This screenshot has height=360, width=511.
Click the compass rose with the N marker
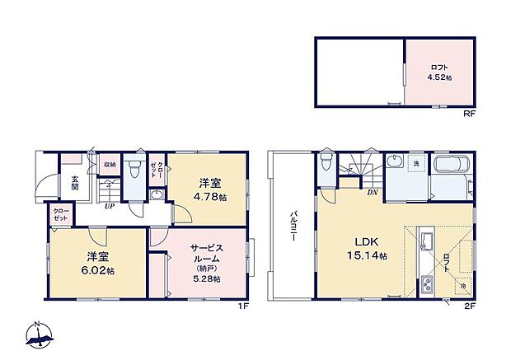pos(38,333)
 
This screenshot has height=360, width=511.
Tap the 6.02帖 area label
pos(97,270)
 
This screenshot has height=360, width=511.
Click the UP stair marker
pos(108,206)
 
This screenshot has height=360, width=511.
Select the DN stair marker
pos(373,192)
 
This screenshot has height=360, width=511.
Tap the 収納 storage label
pos(109,164)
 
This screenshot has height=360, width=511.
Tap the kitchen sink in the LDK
pos(426,241)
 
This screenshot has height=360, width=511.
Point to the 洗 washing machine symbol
pos(416,163)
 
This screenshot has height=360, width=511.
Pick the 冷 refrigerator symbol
pos(462,286)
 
